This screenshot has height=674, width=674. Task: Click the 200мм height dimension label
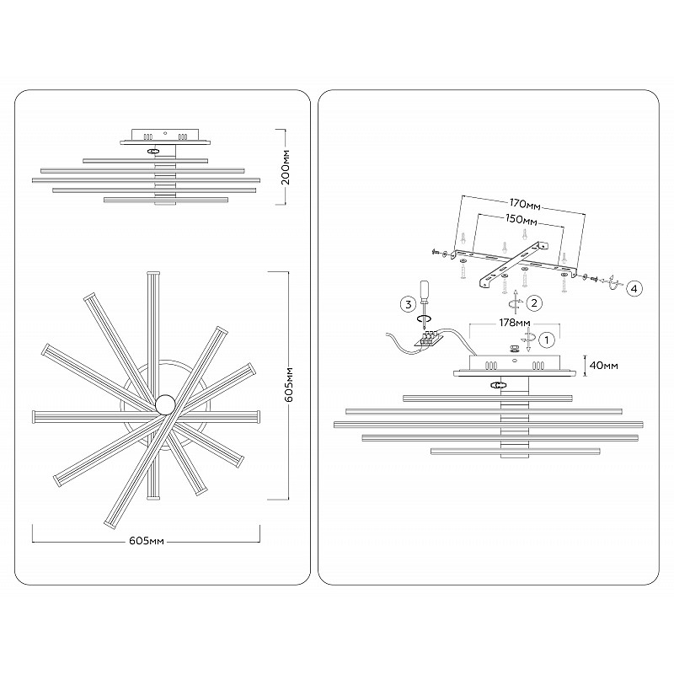(x=286, y=167)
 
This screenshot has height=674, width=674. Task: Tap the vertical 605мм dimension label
(x=289, y=385)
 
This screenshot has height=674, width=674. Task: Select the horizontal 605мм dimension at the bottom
(x=147, y=541)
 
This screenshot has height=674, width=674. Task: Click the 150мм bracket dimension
(x=521, y=220)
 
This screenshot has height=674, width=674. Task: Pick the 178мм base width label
(x=515, y=323)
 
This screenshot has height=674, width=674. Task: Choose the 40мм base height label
(x=603, y=366)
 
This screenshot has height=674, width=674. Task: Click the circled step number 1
(x=547, y=340)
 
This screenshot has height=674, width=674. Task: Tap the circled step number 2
(x=534, y=303)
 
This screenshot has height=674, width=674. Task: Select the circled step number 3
(x=409, y=305)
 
